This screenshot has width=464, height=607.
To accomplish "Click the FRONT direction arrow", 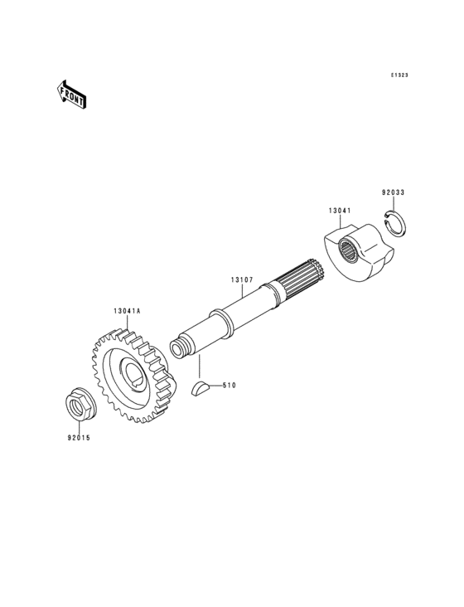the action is point(70,94).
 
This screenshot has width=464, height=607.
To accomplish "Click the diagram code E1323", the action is point(399,75).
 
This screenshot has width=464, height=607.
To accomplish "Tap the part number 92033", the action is point(393,192).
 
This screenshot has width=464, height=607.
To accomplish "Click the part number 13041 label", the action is point(340,211).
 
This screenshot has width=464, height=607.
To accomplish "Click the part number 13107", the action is point(242,279).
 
